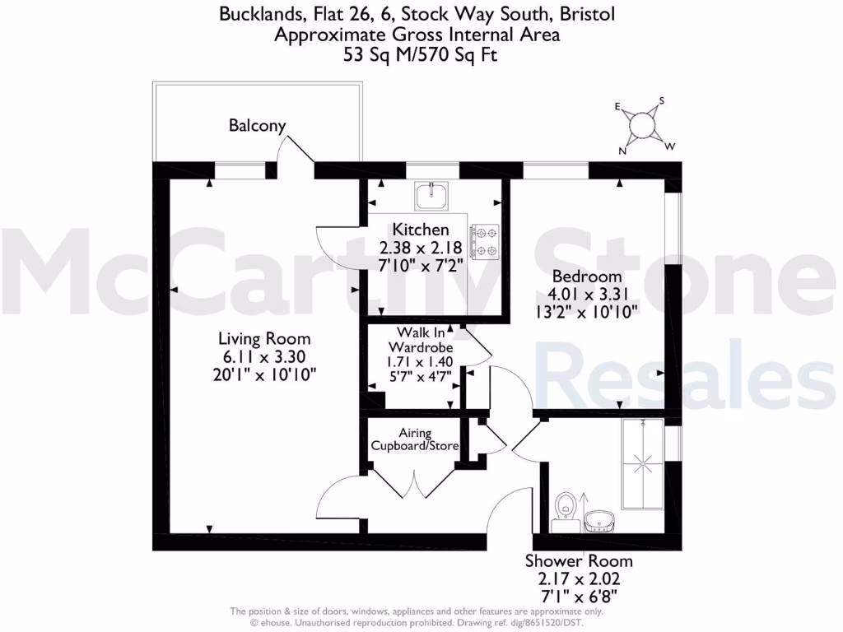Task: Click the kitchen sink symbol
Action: click(x=431, y=197)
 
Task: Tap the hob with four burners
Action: click(x=484, y=240)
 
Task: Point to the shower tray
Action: click(x=643, y=464)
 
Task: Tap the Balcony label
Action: click(x=257, y=126)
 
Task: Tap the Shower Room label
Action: click(x=579, y=561)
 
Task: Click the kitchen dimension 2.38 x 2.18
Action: click(x=421, y=247)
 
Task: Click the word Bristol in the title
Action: click(x=585, y=14)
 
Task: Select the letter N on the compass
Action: click(x=623, y=151)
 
